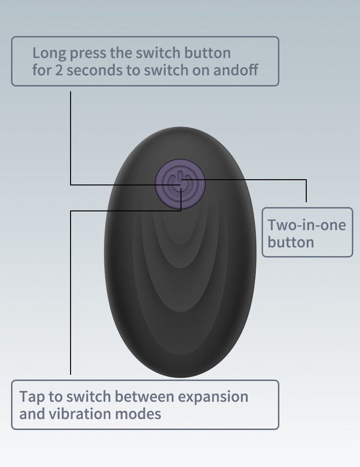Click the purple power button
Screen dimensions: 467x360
180,184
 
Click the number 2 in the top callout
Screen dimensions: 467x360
57,70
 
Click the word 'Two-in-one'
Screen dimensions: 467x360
307,224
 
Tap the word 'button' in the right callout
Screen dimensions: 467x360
291,242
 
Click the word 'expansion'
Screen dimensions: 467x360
213,397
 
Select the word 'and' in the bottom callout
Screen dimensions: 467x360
32,414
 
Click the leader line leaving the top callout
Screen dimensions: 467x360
71,135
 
